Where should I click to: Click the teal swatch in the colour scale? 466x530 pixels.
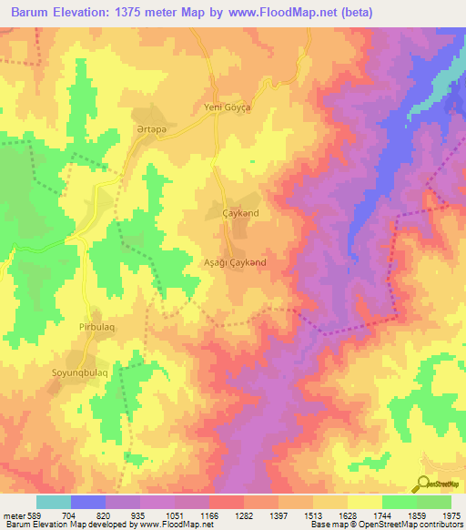(x=54, y=502)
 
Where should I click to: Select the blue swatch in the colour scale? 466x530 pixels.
(x=88, y=502)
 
